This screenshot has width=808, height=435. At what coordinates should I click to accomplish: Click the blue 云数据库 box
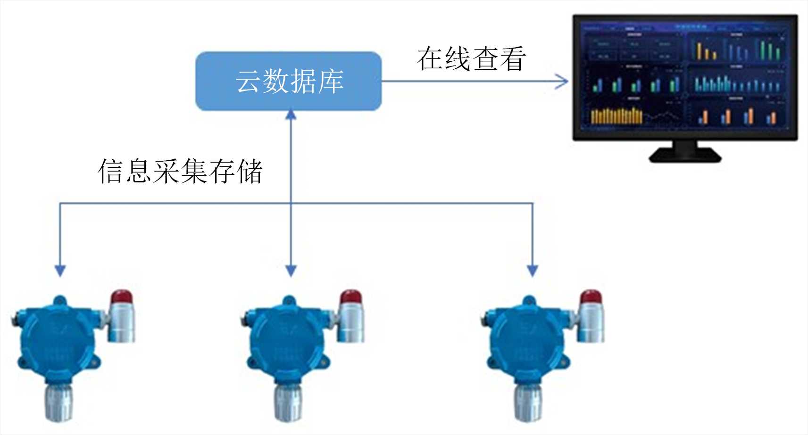click(x=288, y=81)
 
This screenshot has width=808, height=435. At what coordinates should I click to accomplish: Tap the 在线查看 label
click(x=471, y=59)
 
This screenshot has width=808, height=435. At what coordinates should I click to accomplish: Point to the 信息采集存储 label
click(x=180, y=171)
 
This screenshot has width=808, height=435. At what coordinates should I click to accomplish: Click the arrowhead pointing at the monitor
click(x=562, y=81)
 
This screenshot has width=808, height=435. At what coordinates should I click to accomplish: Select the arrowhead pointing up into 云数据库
click(x=291, y=114)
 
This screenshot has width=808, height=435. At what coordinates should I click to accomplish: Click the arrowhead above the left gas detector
click(x=60, y=270)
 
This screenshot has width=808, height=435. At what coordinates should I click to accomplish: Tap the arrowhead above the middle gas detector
click(x=291, y=270)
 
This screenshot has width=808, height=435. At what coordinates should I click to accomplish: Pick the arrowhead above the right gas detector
click(x=533, y=270)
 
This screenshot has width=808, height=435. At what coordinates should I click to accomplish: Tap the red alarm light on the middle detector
click(x=351, y=297)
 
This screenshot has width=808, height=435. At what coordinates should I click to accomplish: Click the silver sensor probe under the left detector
click(x=59, y=403)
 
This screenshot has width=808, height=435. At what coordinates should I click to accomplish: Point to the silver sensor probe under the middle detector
click(x=288, y=403)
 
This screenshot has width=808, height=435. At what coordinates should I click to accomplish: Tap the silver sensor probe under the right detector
click(x=528, y=403)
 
